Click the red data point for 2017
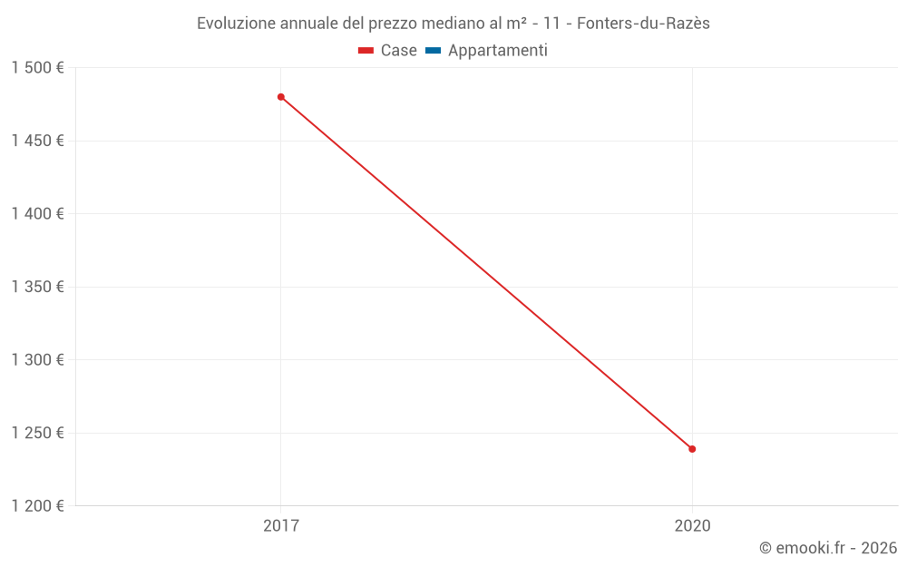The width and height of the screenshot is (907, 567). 281,97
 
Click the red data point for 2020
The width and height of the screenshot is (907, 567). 692,449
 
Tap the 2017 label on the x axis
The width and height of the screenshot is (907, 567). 281,525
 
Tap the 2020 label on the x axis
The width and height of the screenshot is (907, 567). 692,525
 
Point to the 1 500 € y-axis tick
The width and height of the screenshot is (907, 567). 37,68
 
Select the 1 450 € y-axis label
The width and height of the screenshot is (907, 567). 37,141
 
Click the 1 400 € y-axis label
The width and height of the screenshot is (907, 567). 37,214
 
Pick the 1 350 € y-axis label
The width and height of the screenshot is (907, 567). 37,287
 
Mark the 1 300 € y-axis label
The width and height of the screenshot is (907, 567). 37,360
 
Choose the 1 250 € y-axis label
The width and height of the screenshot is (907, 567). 37,433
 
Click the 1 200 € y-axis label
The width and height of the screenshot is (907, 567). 37,506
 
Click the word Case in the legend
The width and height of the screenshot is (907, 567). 398,51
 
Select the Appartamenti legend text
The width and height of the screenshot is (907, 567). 497,51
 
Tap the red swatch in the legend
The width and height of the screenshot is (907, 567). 366,51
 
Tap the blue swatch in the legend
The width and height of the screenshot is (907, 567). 433,51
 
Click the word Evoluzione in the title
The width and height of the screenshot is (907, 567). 234,24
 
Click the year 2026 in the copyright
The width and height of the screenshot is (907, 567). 879,548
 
